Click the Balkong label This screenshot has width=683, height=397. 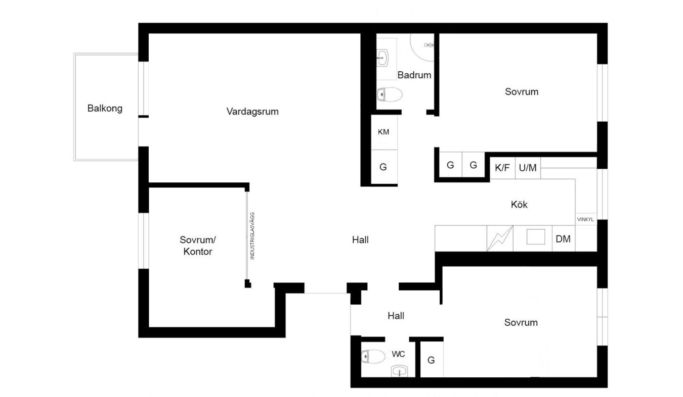[105, 109]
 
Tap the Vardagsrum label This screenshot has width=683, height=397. [252, 112]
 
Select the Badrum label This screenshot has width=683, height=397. [414, 75]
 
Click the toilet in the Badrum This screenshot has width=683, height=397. [390, 94]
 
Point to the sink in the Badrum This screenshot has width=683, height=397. [382, 58]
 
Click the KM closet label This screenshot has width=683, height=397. [383, 132]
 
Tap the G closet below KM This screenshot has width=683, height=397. [383, 167]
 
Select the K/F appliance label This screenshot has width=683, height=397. [502, 168]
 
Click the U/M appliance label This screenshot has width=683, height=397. [528, 168]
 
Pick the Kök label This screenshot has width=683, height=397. [519, 205]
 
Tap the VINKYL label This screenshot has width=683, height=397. [585, 219]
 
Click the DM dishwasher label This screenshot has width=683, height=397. [563, 239]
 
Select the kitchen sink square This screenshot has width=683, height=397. [536, 237]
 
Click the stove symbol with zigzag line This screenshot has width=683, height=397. [500, 238]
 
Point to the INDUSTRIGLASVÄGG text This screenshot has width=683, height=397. [252, 236]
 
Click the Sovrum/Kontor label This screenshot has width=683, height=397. [198, 245]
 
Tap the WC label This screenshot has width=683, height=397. [398, 354]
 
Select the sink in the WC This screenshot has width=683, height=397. [400, 371]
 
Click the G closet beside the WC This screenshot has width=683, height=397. [431, 361]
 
